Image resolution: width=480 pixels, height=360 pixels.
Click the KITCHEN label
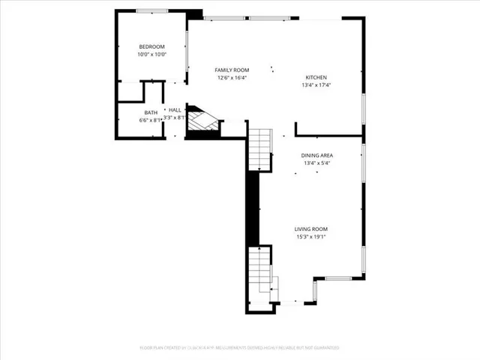click(x=316, y=77)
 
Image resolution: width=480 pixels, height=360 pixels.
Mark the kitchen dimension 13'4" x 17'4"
click(x=316, y=85)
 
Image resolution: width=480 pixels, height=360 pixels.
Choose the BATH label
click(x=151, y=112)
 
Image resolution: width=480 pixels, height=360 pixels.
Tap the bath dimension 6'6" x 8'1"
click(x=151, y=120)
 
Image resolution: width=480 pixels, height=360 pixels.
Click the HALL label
click(x=174, y=109)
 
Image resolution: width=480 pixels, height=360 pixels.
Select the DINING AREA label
click(x=316, y=155)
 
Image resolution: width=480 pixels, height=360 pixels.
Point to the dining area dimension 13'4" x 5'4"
click(x=316, y=163)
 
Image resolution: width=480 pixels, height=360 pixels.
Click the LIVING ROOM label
click(x=310, y=229)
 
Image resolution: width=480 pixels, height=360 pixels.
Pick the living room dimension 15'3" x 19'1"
click(x=310, y=237)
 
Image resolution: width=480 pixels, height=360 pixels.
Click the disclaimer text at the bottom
click(x=239, y=348)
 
